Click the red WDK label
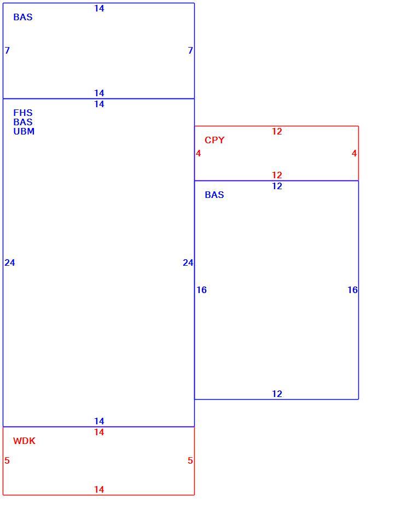24,441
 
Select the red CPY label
214,140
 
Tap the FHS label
23,113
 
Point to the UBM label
24,131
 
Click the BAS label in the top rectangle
23,17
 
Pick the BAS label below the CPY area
214,195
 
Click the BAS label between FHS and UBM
23,122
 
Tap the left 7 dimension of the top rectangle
7,50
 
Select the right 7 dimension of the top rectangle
190,50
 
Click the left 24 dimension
10,262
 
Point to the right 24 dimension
188,262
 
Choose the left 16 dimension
201,290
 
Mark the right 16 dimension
353,290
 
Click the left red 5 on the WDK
7,460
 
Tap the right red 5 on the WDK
190,460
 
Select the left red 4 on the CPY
198,154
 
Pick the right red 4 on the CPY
354,154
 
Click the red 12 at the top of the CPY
277,131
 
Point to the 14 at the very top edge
99,9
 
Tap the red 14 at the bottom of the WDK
99,489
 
